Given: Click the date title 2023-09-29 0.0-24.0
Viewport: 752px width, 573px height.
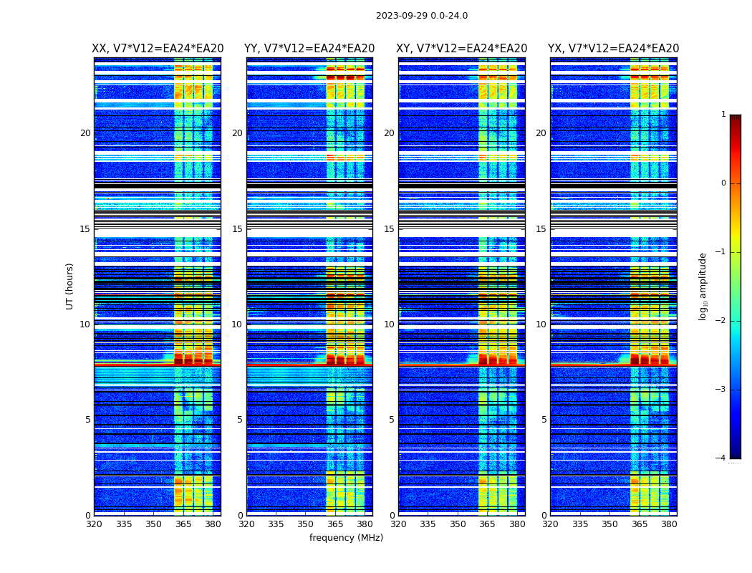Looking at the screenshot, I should [x=422, y=16].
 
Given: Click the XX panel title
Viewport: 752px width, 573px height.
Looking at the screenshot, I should [x=158, y=49].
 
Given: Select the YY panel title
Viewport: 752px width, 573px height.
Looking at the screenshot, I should [x=309, y=49].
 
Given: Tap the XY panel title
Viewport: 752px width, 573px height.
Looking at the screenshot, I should [x=462, y=49].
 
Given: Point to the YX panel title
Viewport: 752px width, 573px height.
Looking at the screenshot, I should [x=614, y=49].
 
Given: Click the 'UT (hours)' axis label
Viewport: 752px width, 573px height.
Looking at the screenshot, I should [x=70, y=286].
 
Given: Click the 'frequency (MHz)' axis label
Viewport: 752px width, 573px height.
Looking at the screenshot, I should [x=346, y=538].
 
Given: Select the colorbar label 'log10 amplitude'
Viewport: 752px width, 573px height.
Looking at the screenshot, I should [x=703, y=286].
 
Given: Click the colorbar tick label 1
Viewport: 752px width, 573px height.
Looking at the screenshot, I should [x=723, y=115].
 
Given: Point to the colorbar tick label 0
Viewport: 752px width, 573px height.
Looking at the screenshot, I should [x=723, y=183].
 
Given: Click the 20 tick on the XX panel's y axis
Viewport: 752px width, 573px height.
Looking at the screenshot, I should [x=85, y=133].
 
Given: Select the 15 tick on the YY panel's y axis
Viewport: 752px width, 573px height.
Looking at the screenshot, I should [x=237, y=229].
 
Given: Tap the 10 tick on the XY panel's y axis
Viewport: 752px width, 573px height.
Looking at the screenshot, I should [x=389, y=324].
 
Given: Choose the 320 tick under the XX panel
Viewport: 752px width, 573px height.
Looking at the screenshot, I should [x=94, y=524].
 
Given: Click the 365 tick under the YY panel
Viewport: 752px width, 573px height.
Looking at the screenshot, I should [x=335, y=524].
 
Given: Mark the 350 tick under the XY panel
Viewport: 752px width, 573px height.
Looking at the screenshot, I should [x=458, y=524].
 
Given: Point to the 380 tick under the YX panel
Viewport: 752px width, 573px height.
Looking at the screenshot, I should [x=669, y=524].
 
